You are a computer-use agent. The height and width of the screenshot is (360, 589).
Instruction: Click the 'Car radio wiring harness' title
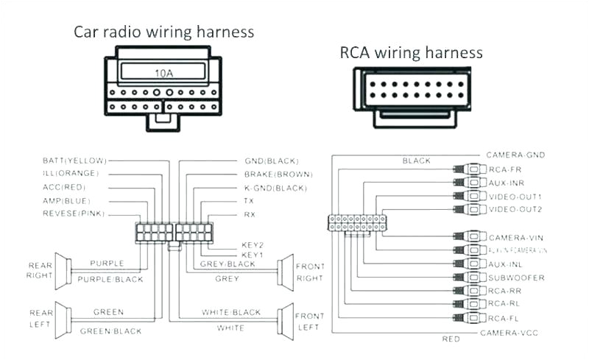(163, 32)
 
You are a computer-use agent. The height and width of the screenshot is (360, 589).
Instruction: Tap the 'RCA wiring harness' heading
(411, 52)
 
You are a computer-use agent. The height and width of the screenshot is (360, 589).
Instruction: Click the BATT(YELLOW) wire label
(74, 160)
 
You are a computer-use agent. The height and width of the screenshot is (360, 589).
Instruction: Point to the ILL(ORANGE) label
(71, 174)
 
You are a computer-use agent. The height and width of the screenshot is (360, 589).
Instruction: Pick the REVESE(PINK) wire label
(74, 213)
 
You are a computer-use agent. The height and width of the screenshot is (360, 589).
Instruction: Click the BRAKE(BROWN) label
(278, 174)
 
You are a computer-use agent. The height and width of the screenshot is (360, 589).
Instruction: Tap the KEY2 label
(253, 244)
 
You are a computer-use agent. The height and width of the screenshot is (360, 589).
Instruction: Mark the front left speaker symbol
(283, 320)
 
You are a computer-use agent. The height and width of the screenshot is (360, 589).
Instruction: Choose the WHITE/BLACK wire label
(230, 313)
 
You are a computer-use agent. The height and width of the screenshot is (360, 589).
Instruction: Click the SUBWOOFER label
(516, 278)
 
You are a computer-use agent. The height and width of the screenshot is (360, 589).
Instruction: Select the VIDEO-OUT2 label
(515, 210)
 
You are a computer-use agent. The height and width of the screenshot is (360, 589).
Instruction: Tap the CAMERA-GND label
(515, 155)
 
